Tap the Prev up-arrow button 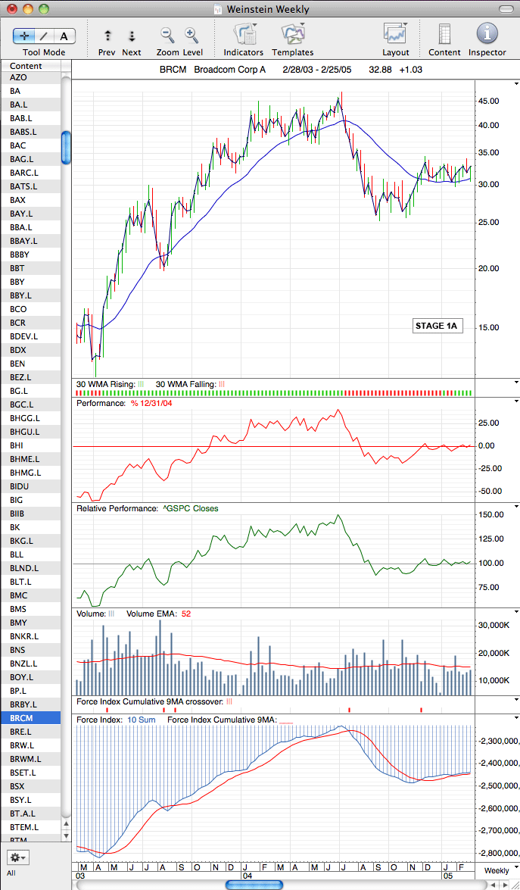107,36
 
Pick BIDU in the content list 19,486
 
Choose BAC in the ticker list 17,145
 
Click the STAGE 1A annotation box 436,326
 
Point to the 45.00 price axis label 489,101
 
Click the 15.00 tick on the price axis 489,327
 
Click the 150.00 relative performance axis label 491,515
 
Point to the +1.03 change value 410,70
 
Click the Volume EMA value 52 186,614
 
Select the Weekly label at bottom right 497,871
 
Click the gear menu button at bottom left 17,857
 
